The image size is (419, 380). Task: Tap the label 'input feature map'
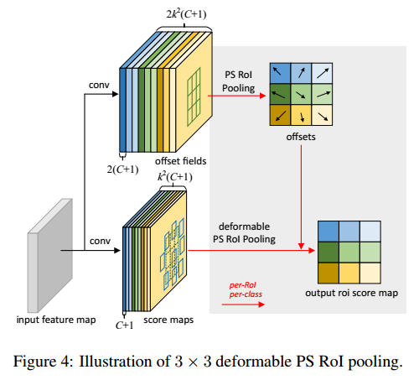click(x=54, y=320)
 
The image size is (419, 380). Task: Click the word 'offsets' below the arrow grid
click(x=301, y=135)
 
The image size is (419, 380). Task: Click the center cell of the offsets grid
click(x=300, y=94)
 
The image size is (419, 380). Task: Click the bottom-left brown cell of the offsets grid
click(x=281, y=113)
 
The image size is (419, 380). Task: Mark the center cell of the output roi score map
click(x=349, y=252)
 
